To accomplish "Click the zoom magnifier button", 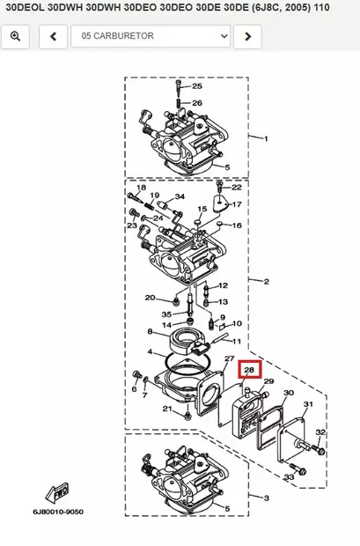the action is coord(17,36).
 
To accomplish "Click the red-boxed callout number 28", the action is coord(249,370).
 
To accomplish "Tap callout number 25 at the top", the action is coord(197,86).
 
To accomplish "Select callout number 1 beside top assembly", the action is coord(267,138).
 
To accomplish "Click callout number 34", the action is coord(180,196).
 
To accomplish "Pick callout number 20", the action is coord(150,298).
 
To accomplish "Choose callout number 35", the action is coord(166,314).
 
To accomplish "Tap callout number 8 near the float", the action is coord(151,332).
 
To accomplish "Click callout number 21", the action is coord(166,409).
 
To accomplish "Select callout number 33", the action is coord(289,477).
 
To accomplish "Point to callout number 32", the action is coord(320,432).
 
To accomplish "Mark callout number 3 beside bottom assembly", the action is coord(267,498).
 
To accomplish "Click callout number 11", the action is coord(237,340).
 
